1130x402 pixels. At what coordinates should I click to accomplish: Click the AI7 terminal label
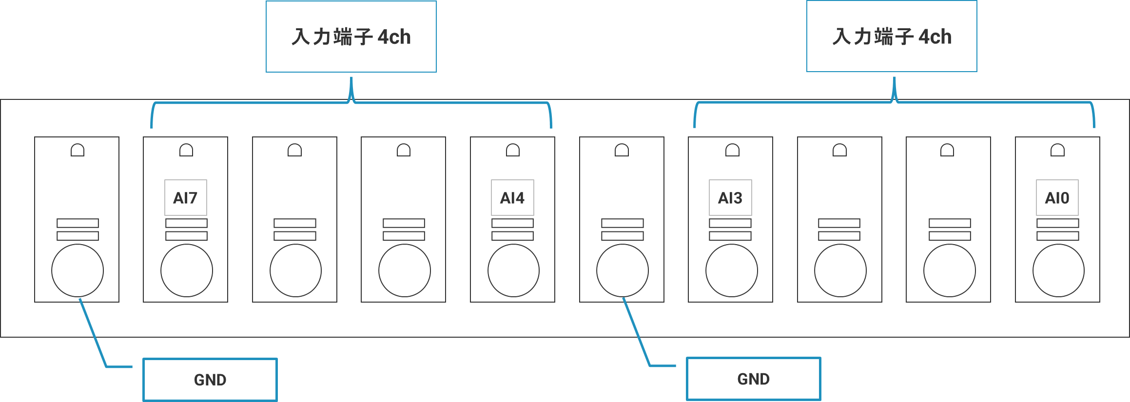pyautogui.click(x=186, y=198)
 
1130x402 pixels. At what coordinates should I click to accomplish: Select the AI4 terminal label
pyautogui.click(x=512, y=198)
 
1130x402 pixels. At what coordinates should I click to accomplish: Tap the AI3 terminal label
pyautogui.click(x=730, y=198)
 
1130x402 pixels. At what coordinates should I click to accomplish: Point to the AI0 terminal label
pyautogui.click(x=1057, y=198)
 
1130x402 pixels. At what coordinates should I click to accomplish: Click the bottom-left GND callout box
pyautogui.click(x=210, y=380)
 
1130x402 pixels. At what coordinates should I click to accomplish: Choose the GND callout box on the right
pyautogui.click(x=753, y=379)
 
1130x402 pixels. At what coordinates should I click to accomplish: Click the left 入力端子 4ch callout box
pyautogui.click(x=351, y=37)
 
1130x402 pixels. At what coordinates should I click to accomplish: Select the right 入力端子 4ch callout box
pyautogui.click(x=892, y=37)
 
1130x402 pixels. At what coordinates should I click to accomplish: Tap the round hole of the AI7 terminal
pyautogui.click(x=187, y=270)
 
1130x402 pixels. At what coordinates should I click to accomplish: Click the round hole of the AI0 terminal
pyautogui.click(x=1058, y=270)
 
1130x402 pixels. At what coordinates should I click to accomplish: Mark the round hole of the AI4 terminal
pyautogui.click(x=513, y=270)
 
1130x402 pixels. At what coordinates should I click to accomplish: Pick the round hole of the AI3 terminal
pyautogui.click(x=732, y=270)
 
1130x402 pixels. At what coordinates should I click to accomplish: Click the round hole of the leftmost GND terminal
pyautogui.click(x=78, y=270)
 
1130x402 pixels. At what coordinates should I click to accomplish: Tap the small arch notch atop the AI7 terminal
pyautogui.click(x=186, y=150)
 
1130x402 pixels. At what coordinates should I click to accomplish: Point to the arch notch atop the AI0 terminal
pyautogui.click(x=1057, y=150)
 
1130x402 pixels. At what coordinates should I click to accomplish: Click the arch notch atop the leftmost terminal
pyautogui.click(x=78, y=150)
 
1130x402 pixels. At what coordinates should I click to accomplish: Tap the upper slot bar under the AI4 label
pyautogui.click(x=512, y=223)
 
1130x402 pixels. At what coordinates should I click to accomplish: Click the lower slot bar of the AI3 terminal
pyautogui.click(x=730, y=236)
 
